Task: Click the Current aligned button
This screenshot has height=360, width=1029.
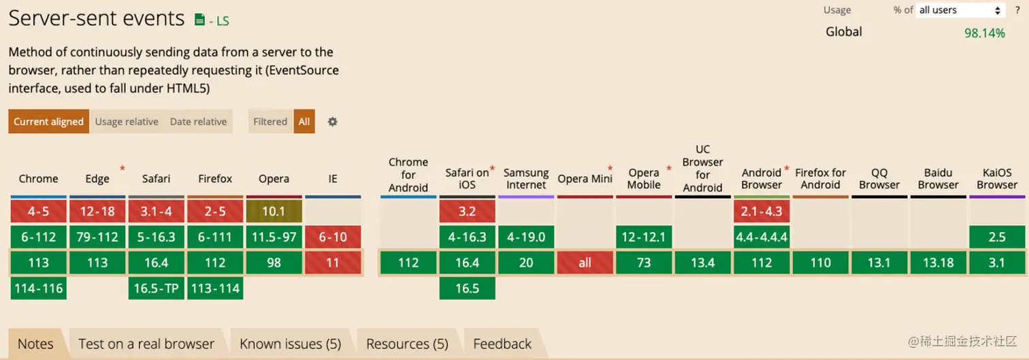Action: [48, 122]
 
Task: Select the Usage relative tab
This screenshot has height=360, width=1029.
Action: [127, 122]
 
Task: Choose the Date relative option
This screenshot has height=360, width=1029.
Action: [198, 122]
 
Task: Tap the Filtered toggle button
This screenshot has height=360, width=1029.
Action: [270, 122]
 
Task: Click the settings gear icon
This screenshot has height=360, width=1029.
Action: [332, 122]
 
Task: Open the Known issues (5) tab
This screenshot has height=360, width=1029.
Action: [290, 344]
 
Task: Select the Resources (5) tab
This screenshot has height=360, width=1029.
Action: [407, 344]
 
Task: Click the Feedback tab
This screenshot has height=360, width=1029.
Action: [502, 344]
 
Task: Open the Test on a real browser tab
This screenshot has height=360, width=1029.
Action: [146, 344]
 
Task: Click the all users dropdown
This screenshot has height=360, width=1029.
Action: [960, 10]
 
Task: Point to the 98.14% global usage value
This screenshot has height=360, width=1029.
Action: [984, 33]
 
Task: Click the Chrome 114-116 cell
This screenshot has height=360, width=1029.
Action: [39, 289]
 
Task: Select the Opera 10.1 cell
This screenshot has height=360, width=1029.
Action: [274, 212]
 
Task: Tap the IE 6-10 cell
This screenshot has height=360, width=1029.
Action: [333, 238]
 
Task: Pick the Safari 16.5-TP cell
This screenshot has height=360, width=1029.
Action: [156, 289]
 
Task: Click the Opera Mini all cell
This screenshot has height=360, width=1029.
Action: [585, 263]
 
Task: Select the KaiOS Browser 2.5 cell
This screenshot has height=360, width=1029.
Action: [997, 238]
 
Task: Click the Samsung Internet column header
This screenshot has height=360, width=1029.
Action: [526, 179]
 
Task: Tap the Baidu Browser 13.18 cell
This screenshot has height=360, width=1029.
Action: [938, 263]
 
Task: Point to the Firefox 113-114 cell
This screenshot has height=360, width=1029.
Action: [215, 289]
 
